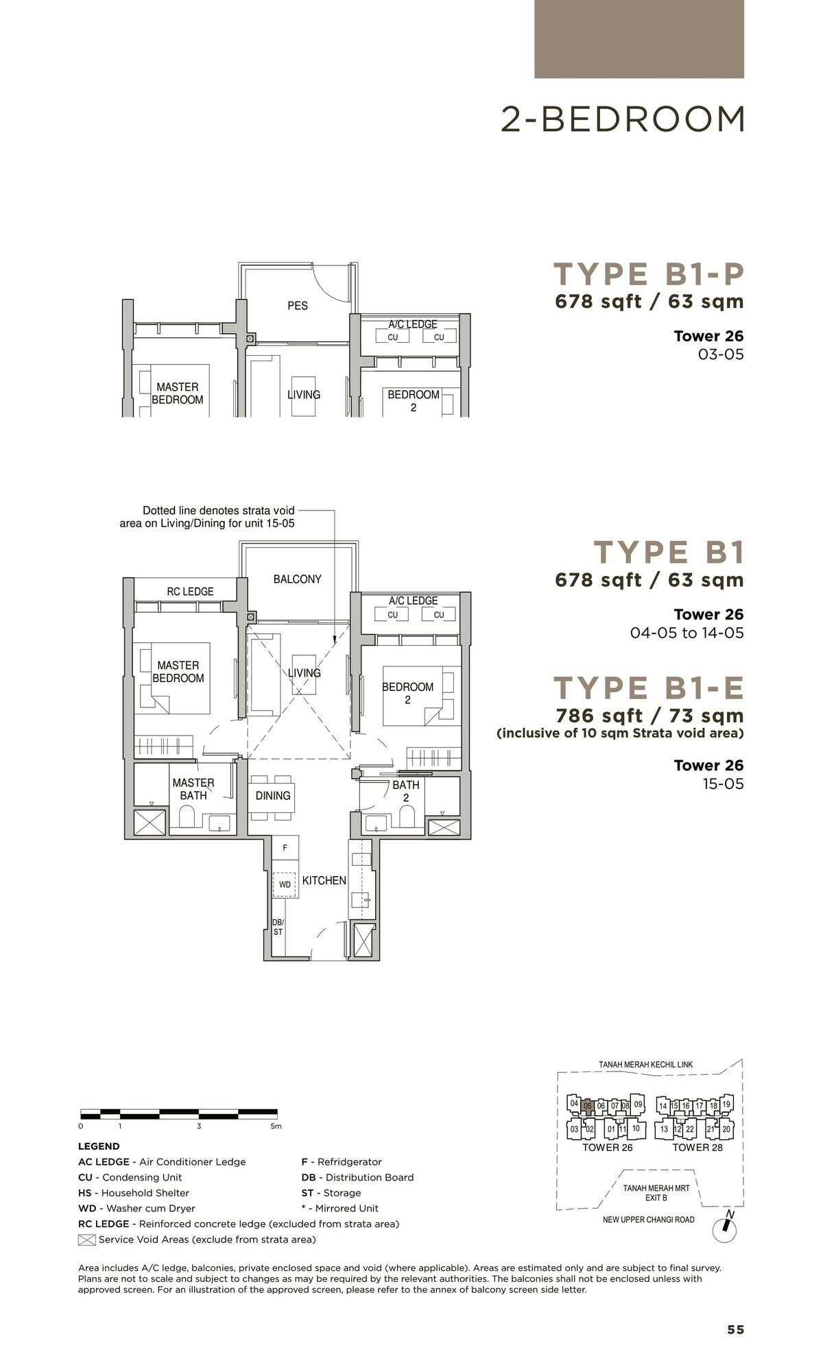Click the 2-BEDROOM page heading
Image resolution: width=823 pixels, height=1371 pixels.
[x=622, y=119]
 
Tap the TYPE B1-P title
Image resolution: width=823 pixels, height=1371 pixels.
[x=648, y=274]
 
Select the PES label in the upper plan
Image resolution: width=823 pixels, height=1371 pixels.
[x=298, y=306]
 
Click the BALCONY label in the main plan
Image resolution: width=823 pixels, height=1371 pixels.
[x=297, y=579]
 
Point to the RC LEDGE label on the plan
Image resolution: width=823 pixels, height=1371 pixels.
[x=190, y=592]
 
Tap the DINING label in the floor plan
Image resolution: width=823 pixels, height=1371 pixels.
[x=273, y=796]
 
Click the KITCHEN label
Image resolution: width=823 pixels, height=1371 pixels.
[x=324, y=880]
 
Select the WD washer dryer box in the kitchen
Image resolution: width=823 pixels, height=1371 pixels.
[x=284, y=884]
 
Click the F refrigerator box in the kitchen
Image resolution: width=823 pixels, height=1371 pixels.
[x=285, y=848]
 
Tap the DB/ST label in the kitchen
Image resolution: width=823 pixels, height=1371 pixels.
[x=278, y=927]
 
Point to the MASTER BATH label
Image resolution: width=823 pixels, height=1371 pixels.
[x=193, y=789]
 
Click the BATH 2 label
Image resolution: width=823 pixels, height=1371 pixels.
[x=405, y=791]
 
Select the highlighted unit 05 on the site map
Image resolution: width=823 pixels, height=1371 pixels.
[x=587, y=1106]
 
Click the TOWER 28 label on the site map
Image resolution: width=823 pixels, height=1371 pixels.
[x=697, y=1148]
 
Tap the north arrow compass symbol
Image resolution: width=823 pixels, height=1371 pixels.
[x=724, y=1229]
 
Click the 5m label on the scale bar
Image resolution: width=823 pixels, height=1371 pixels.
[x=275, y=1126]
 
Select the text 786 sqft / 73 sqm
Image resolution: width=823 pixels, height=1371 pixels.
[x=649, y=716]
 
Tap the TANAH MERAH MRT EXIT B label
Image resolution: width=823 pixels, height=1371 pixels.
[x=656, y=1193]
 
